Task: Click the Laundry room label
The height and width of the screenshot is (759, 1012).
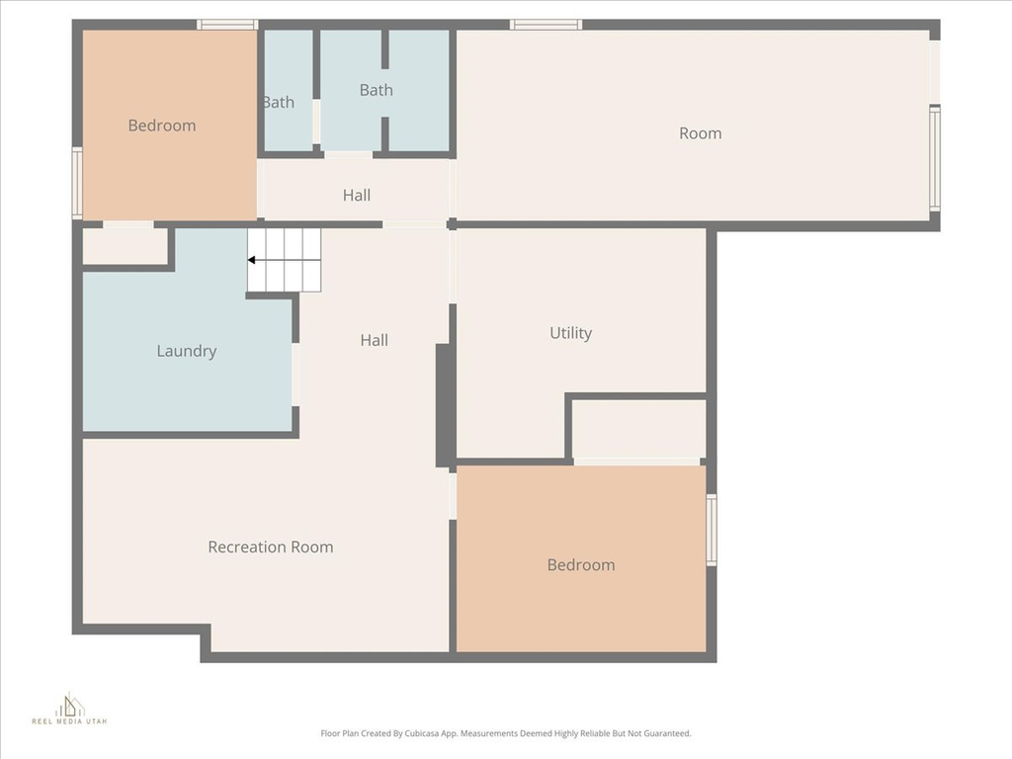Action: [186, 351]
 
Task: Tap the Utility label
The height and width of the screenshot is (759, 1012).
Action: [570, 333]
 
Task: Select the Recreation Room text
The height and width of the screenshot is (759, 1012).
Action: [270, 547]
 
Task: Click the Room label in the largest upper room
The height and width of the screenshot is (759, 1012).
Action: [700, 133]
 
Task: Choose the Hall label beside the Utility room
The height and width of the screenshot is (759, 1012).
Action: [374, 340]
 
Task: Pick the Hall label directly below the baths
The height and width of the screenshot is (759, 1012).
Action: [357, 195]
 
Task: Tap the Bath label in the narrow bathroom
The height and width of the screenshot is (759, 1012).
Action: [278, 102]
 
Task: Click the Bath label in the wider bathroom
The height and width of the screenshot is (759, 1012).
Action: [376, 90]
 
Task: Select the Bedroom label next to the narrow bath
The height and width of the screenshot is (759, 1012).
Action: [161, 126]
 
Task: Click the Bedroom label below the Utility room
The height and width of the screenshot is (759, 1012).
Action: [580, 565]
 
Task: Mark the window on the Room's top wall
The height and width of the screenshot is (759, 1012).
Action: [546, 25]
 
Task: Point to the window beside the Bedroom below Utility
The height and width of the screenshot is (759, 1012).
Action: [711, 530]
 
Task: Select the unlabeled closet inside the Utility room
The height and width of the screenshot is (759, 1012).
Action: [638, 427]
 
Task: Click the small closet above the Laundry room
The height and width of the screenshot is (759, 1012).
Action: [125, 246]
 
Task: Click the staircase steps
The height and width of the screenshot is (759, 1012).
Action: [285, 260]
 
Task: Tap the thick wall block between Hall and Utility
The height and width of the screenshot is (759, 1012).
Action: [445, 405]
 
